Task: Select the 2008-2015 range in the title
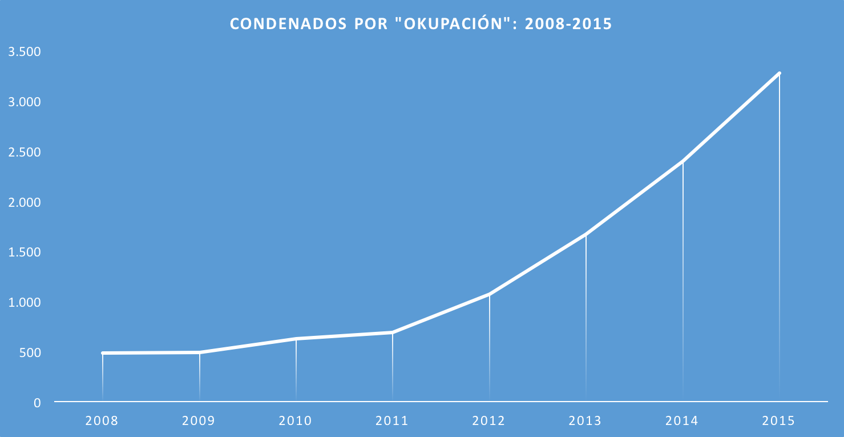pyautogui.click(x=568, y=24)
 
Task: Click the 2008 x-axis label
pyautogui.click(x=102, y=421)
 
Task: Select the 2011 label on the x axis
pyautogui.click(x=392, y=421)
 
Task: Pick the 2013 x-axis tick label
pyautogui.click(x=585, y=421)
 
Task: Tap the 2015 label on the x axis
pyautogui.click(x=779, y=421)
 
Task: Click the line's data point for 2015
pyautogui.click(x=779, y=74)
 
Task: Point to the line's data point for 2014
pyautogui.click(x=683, y=162)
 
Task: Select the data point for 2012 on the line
pyautogui.click(x=489, y=295)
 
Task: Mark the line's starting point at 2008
pyautogui.click(x=103, y=353)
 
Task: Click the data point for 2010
pyautogui.click(x=296, y=339)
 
